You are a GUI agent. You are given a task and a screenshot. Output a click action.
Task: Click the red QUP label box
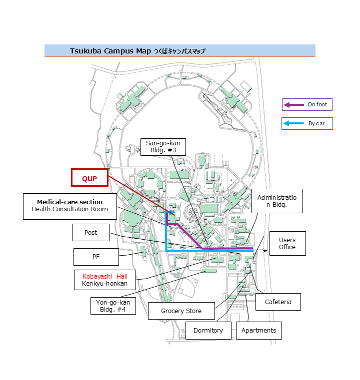(89, 178)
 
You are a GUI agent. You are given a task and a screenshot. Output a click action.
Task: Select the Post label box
(90, 233)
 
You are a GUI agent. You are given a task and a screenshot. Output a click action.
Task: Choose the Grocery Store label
(181, 311)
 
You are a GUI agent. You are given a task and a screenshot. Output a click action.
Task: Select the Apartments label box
(258, 331)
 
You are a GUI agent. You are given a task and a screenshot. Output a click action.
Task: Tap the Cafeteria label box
(277, 302)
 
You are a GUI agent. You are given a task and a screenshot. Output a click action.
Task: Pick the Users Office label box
(287, 244)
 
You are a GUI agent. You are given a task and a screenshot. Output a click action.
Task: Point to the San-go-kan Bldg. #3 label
(163, 147)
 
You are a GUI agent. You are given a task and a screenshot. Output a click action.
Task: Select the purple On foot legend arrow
(293, 105)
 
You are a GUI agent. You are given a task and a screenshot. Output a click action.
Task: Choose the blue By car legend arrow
(293, 123)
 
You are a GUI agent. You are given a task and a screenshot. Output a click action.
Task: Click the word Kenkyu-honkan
(104, 284)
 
